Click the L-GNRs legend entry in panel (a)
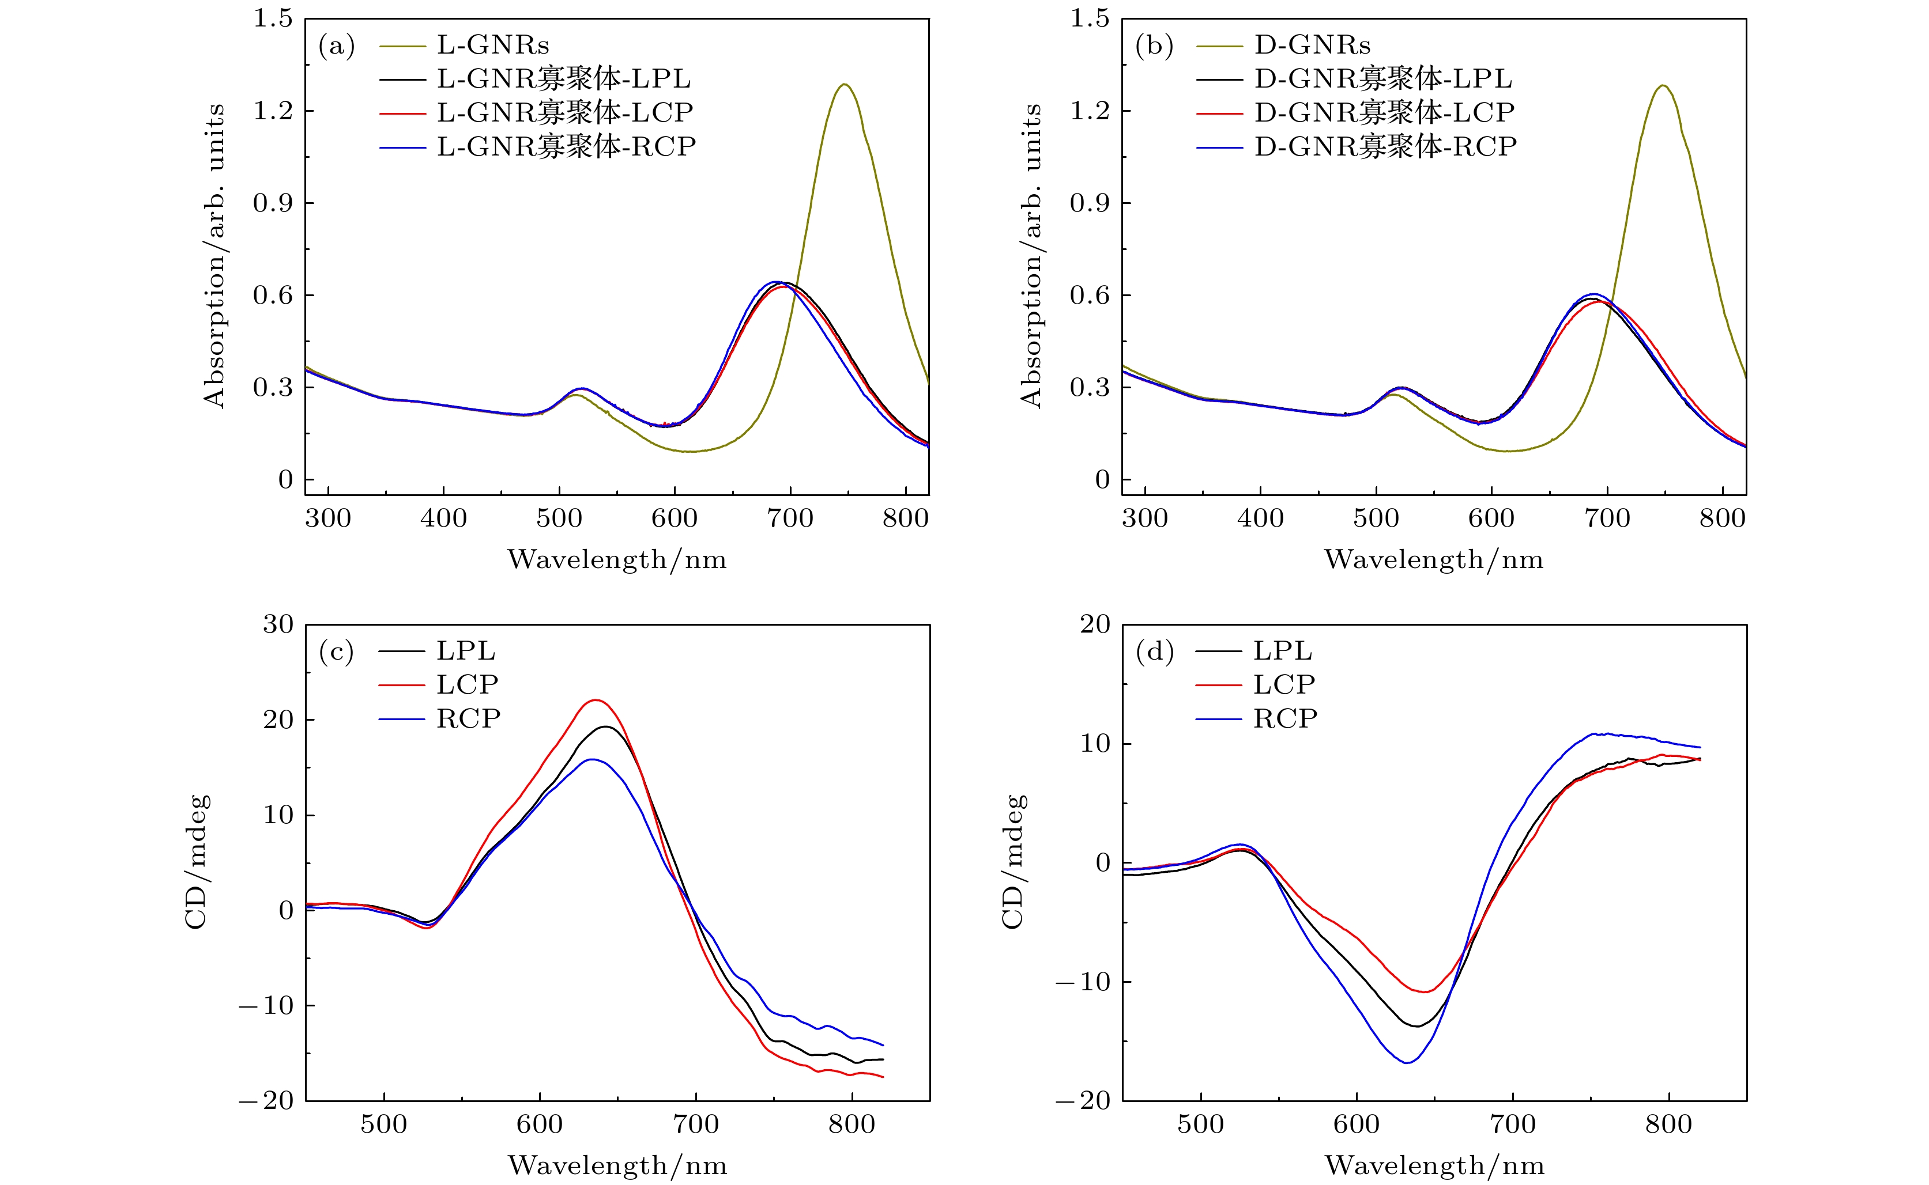click(492, 46)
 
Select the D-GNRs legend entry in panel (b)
click(1312, 46)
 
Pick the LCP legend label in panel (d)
click(1284, 685)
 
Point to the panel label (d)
click(1154, 652)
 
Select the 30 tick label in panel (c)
click(277, 624)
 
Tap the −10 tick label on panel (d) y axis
click(1083, 982)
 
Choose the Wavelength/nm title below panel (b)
click(1433, 559)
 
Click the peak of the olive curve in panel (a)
click(844, 85)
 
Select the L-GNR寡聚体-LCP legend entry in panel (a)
click(564, 113)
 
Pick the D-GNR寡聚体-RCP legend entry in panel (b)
click(1385, 146)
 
